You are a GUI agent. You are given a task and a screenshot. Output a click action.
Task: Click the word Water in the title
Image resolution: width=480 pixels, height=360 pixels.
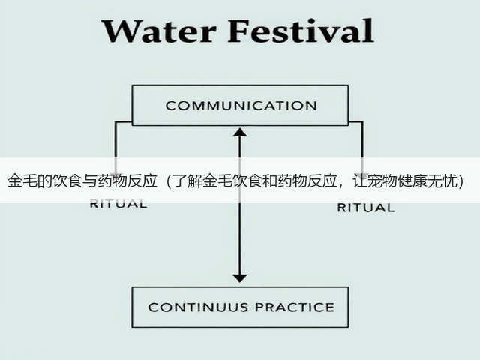pos(159,31)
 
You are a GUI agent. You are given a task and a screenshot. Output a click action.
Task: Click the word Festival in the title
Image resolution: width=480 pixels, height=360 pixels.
pos(301,30)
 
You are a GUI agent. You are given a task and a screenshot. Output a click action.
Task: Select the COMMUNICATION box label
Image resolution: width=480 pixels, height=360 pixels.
pos(241,106)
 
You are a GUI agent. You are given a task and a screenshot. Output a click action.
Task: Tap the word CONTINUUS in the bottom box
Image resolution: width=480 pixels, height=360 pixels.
pos(198,307)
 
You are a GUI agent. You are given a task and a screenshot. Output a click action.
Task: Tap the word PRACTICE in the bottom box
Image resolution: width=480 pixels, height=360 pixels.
pos(295,307)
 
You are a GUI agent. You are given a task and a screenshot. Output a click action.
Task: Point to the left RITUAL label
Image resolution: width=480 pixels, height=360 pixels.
pos(118,204)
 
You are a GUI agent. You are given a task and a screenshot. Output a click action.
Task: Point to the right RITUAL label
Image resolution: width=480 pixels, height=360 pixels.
pos(366,208)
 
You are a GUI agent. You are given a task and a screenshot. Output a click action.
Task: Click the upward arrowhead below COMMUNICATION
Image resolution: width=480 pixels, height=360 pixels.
pos(240,132)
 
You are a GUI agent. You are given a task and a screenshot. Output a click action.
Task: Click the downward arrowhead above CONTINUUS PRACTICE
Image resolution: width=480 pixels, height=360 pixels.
pos(240,278)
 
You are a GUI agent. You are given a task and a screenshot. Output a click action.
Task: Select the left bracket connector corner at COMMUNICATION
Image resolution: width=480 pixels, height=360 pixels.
pos(115,122)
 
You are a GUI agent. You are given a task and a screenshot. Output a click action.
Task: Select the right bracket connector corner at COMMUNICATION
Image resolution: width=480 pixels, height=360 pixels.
pos(362,122)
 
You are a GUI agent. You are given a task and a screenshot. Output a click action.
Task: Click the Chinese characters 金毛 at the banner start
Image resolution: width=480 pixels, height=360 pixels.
pos(22,181)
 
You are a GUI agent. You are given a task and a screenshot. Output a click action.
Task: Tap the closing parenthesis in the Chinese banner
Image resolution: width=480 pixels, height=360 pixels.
pos(460,181)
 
